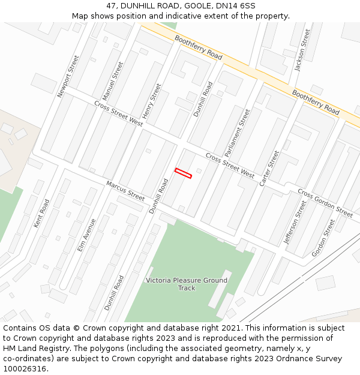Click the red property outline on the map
click(183, 173)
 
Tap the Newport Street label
click(68, 76)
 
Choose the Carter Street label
click(269, 168)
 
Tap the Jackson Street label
click(302, 50)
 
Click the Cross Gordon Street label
click(325, 203)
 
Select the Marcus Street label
click(125, 191)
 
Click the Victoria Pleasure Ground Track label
click(187, 284)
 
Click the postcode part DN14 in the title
click(231, 5)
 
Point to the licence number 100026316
click(25, 368)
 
